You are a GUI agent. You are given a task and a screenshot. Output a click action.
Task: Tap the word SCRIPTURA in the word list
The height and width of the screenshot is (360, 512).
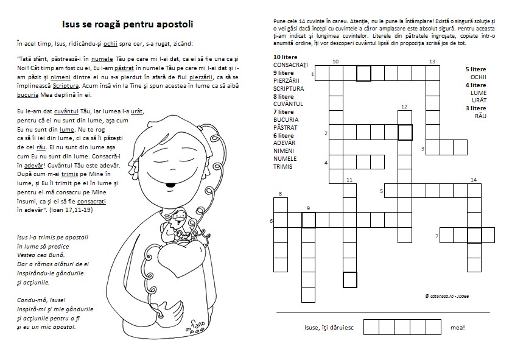point(289,88)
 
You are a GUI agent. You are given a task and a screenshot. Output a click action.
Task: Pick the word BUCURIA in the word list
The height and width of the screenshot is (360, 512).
point(286,120)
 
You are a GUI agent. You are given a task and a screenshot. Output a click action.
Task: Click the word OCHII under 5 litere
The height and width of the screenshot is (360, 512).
point(479,77)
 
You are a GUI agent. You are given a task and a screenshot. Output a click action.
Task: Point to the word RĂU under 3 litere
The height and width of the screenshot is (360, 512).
point(480,116)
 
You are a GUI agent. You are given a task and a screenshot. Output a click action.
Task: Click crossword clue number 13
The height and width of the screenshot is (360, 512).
point(431,62)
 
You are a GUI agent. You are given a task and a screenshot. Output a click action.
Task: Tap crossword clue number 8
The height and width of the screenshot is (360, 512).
point(280,194)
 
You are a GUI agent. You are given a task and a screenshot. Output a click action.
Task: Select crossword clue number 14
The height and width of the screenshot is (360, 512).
point(473,180)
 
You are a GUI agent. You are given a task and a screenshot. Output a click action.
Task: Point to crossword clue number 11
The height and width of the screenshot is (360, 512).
point(349,180)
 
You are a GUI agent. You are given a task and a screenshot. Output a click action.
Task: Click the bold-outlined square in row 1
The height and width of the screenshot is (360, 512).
point(363,74)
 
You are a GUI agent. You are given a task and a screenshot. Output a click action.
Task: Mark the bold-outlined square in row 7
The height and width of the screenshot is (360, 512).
point(474,235)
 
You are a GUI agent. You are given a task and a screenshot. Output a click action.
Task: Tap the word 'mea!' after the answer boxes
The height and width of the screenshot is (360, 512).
point(458,328)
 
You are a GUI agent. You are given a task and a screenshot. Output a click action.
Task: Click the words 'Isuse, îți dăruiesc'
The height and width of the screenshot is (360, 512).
point(329,328)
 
